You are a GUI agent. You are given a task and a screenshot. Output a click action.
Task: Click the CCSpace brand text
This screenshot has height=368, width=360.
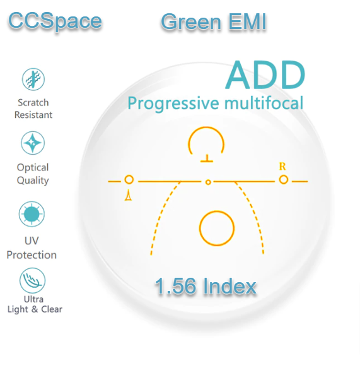[x=55, y=21]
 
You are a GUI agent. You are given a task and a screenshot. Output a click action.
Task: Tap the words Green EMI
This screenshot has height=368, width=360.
[x=213, y=22]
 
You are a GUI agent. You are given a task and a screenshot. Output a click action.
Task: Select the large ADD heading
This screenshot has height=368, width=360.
[x=265, y=75]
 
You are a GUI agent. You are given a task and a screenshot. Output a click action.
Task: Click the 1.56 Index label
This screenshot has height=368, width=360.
[x=206, y=287]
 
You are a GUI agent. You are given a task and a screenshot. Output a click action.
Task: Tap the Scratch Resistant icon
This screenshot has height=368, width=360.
[x=32, y=80]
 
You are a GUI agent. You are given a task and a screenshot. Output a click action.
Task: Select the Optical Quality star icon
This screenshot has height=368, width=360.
[x=32, y=144]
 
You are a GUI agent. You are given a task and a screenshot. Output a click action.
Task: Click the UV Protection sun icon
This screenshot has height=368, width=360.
[x=32, y=215]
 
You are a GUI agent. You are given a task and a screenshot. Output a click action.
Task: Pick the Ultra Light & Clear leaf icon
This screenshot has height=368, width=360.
[x=32, y=279]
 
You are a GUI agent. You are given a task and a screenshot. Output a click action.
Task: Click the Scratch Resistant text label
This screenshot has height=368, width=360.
[x=33, y=109]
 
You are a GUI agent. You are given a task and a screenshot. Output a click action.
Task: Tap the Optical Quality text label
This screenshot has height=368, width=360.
[x=33, y=174]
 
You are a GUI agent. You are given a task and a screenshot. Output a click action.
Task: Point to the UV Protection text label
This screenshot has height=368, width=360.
[x=32, y=249]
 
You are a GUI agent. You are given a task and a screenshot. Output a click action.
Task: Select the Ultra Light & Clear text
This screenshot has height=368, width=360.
[x=34, y=304]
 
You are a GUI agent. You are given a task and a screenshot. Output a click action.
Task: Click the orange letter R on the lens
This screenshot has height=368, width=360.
[x=282, y=167]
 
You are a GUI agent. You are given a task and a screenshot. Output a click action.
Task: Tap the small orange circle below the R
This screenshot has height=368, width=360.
[x=283, y=180]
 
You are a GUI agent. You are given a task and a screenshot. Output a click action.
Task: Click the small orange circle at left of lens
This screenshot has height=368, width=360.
[x=129, y=180]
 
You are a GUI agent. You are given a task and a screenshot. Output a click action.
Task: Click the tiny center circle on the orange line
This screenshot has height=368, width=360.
[x=207, y=182]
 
